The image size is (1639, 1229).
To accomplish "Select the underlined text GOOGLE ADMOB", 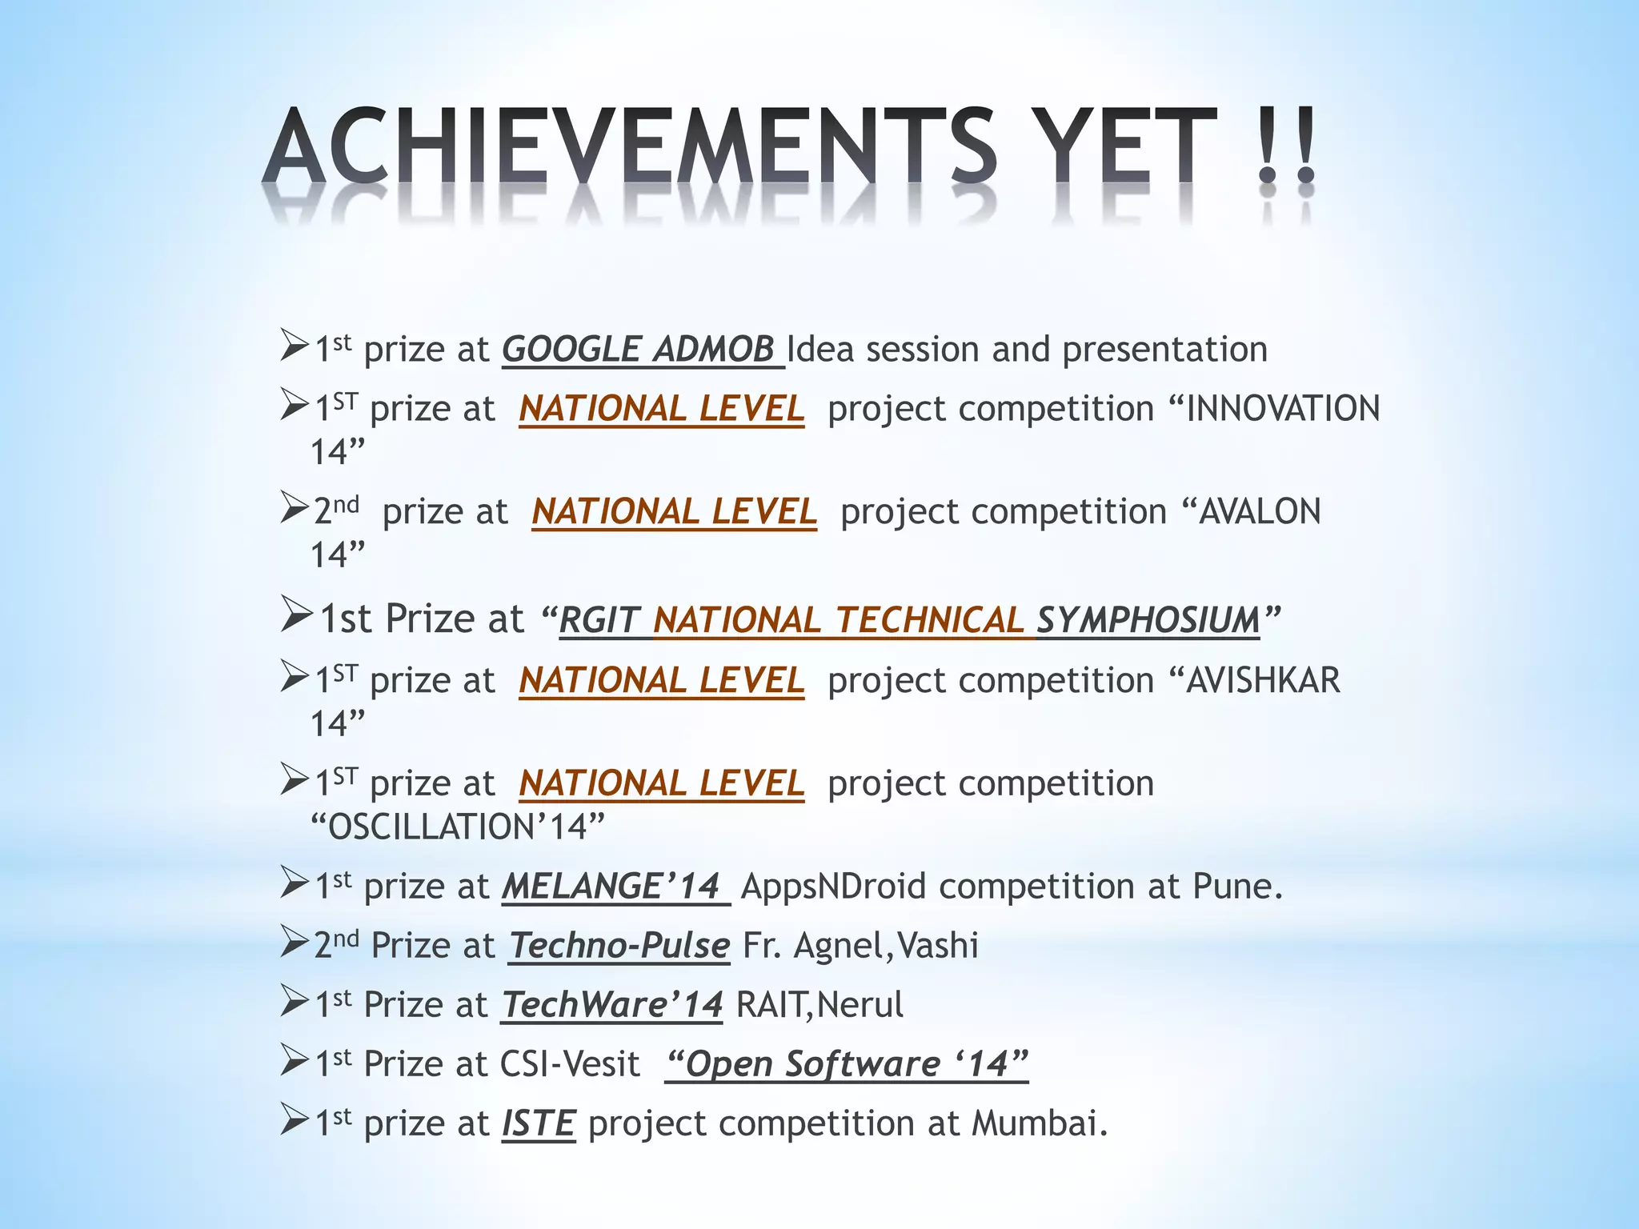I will click(x=639, y=350).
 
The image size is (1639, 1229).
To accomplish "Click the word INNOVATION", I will click(x=1283, y=409).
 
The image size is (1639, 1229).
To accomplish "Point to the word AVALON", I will click(x=1259, y=512).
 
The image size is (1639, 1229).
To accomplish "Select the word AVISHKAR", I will click(x=1263, y=681).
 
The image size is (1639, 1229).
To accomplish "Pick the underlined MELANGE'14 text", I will click(x=612, y=887).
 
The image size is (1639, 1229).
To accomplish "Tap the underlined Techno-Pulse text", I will click(x=619, y=946).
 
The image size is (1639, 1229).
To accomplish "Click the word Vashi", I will click(x=938, y=946).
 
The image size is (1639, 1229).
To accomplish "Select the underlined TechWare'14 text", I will click(x=613, y=1005).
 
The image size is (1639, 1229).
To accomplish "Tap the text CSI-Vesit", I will click(x=570, y=1064).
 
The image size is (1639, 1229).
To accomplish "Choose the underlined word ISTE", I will click(x=539, y=1123).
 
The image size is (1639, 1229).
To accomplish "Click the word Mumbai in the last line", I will click(x=1039, y=1123).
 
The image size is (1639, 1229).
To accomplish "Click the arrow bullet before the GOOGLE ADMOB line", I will click(x=295, y=347).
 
